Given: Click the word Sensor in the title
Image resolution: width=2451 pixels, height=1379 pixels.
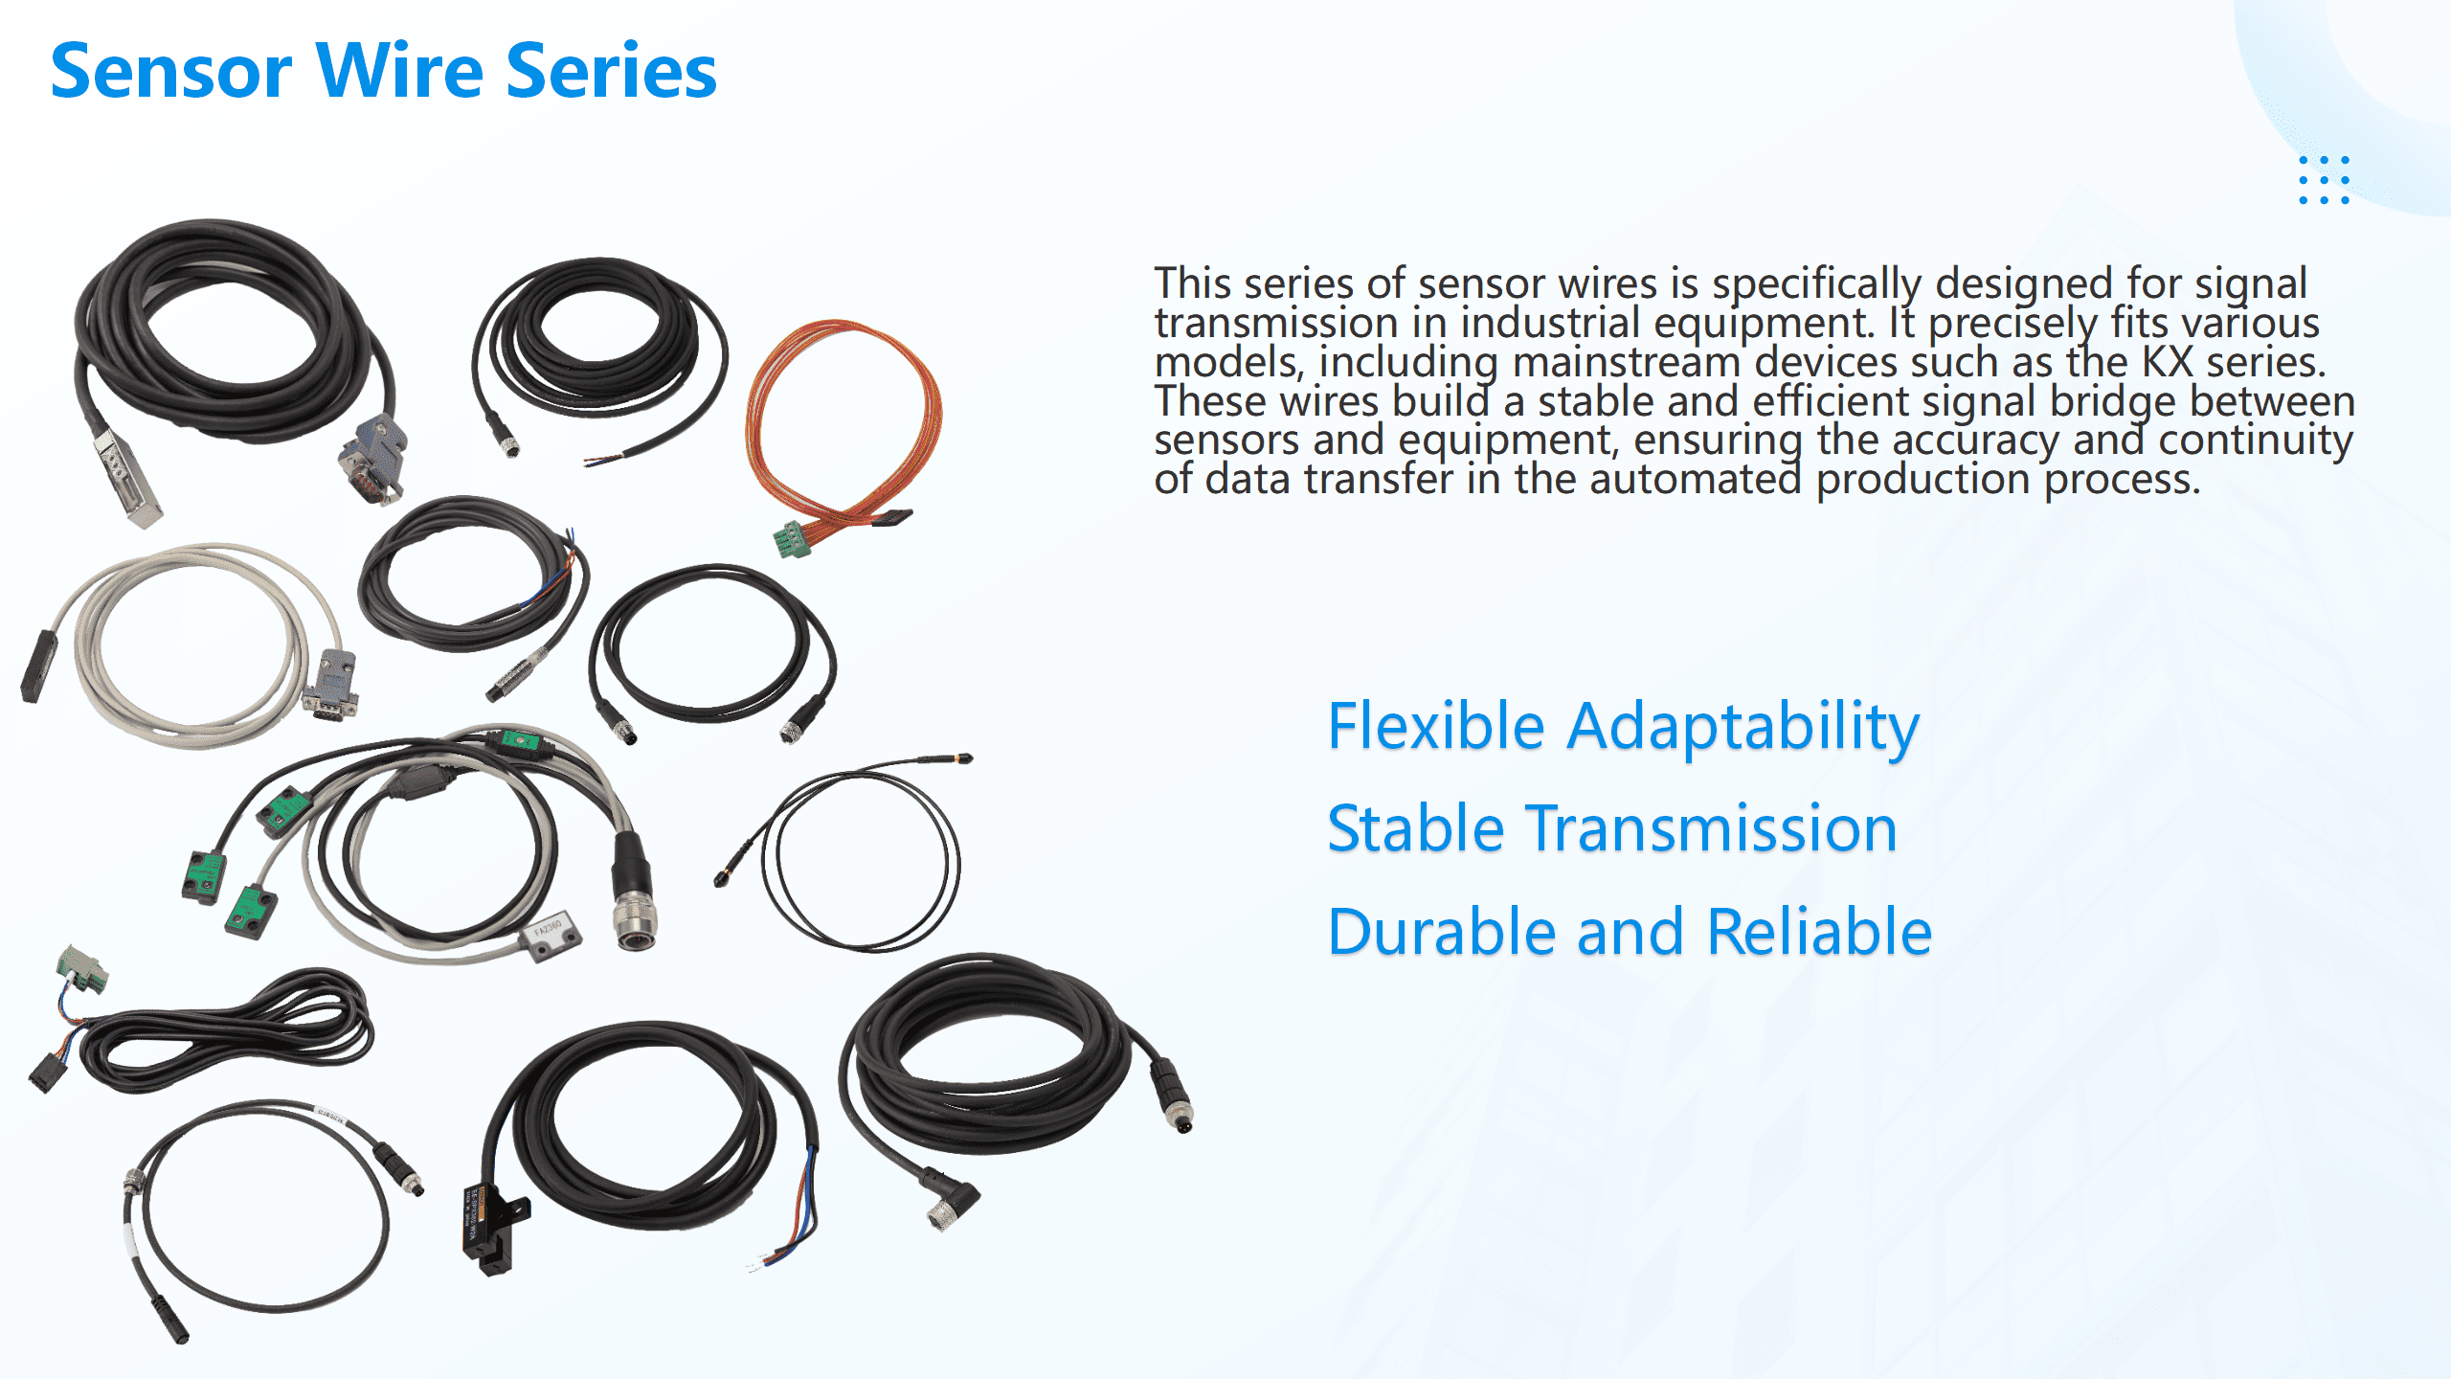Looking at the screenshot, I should [x=171, y=72].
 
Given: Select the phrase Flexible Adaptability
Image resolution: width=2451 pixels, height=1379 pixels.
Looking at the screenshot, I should [x=1623, y=727].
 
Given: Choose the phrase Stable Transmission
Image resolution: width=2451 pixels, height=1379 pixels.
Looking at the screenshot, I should [x=1611, y=829].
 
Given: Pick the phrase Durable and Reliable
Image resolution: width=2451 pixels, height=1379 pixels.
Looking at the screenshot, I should [x=1630, y=932].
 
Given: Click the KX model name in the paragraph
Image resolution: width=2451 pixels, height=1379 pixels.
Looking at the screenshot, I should [x=2167, y=363].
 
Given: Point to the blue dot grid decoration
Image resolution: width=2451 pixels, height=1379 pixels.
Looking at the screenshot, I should [x=2324, y=180].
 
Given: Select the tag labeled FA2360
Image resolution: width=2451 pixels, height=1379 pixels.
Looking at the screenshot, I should [x=550, y=933].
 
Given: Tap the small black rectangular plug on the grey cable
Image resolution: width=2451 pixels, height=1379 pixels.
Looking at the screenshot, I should [x=38, y=665].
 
